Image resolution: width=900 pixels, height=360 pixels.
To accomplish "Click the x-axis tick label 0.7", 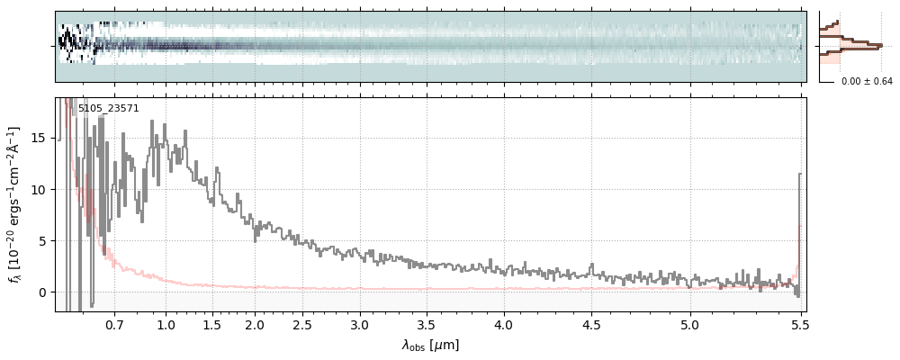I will coord(114,324).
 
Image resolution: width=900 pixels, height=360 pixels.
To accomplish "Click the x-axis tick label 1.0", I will coord(166,324).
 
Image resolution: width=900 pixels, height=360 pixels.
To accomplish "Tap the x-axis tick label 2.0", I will coord(255,324).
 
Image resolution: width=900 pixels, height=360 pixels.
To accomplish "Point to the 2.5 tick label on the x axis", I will coord(302,324).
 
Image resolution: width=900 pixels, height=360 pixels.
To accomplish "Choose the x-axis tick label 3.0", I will coord(360,324).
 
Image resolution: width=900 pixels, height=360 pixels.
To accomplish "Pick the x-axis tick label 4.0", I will coord(503,324).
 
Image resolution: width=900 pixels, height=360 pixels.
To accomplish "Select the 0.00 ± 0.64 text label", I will coord(867,82).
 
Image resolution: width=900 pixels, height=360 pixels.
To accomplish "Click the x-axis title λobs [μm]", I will coord(430,345).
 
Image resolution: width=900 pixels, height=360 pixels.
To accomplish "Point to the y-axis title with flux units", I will coord(15,204).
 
